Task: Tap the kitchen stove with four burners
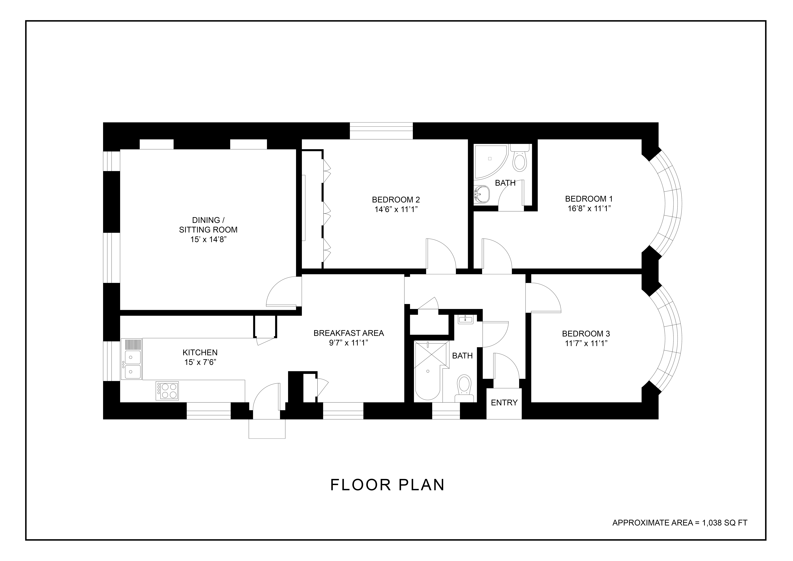click(167, 391)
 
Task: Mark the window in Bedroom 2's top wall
click(381, 131)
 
